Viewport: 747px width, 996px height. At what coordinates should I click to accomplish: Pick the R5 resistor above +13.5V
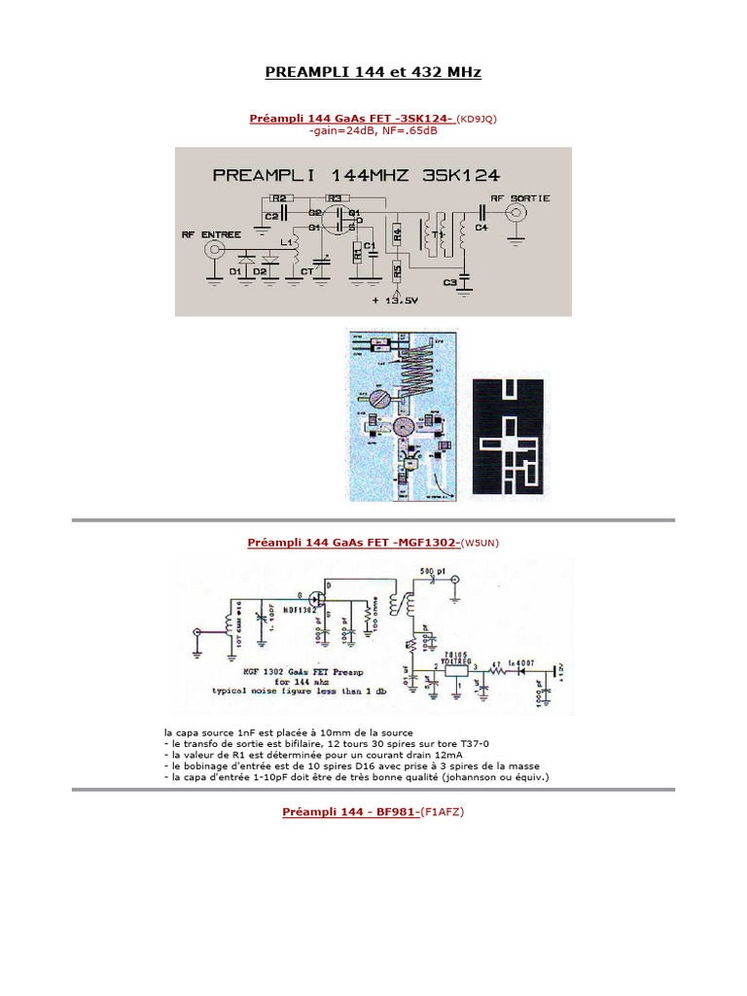397,269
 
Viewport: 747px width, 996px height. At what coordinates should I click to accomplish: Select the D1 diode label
234,272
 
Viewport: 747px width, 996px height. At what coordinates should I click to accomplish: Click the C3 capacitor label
449,282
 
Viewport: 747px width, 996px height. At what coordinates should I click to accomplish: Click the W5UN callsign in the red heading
482,542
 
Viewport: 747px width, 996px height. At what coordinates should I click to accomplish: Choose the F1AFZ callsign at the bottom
445,811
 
